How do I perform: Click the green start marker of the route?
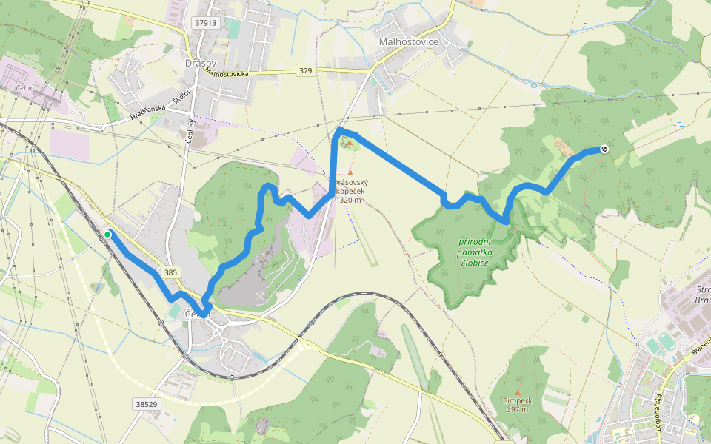pyautogui.click(x=107, y=235)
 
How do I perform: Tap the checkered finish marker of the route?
pyautogui.click(x=604, y=149)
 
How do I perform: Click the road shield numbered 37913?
pyautogui.click(x=206, y=23)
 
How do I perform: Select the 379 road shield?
pyautogui.click(x=306, y=70)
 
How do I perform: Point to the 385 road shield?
pyautogui.click(x=170, y=272)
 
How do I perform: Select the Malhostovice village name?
pyautogui.click(x=408, y=41)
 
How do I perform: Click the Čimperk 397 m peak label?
pyautogui.click(x=517, y=404)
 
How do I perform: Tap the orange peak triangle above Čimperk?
pyautogui.click(x=517, y=393)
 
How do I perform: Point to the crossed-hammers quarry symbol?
pyautogui.click(x=261, y=295)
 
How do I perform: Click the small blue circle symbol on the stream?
pyautogui.click(x=534, y=85)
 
